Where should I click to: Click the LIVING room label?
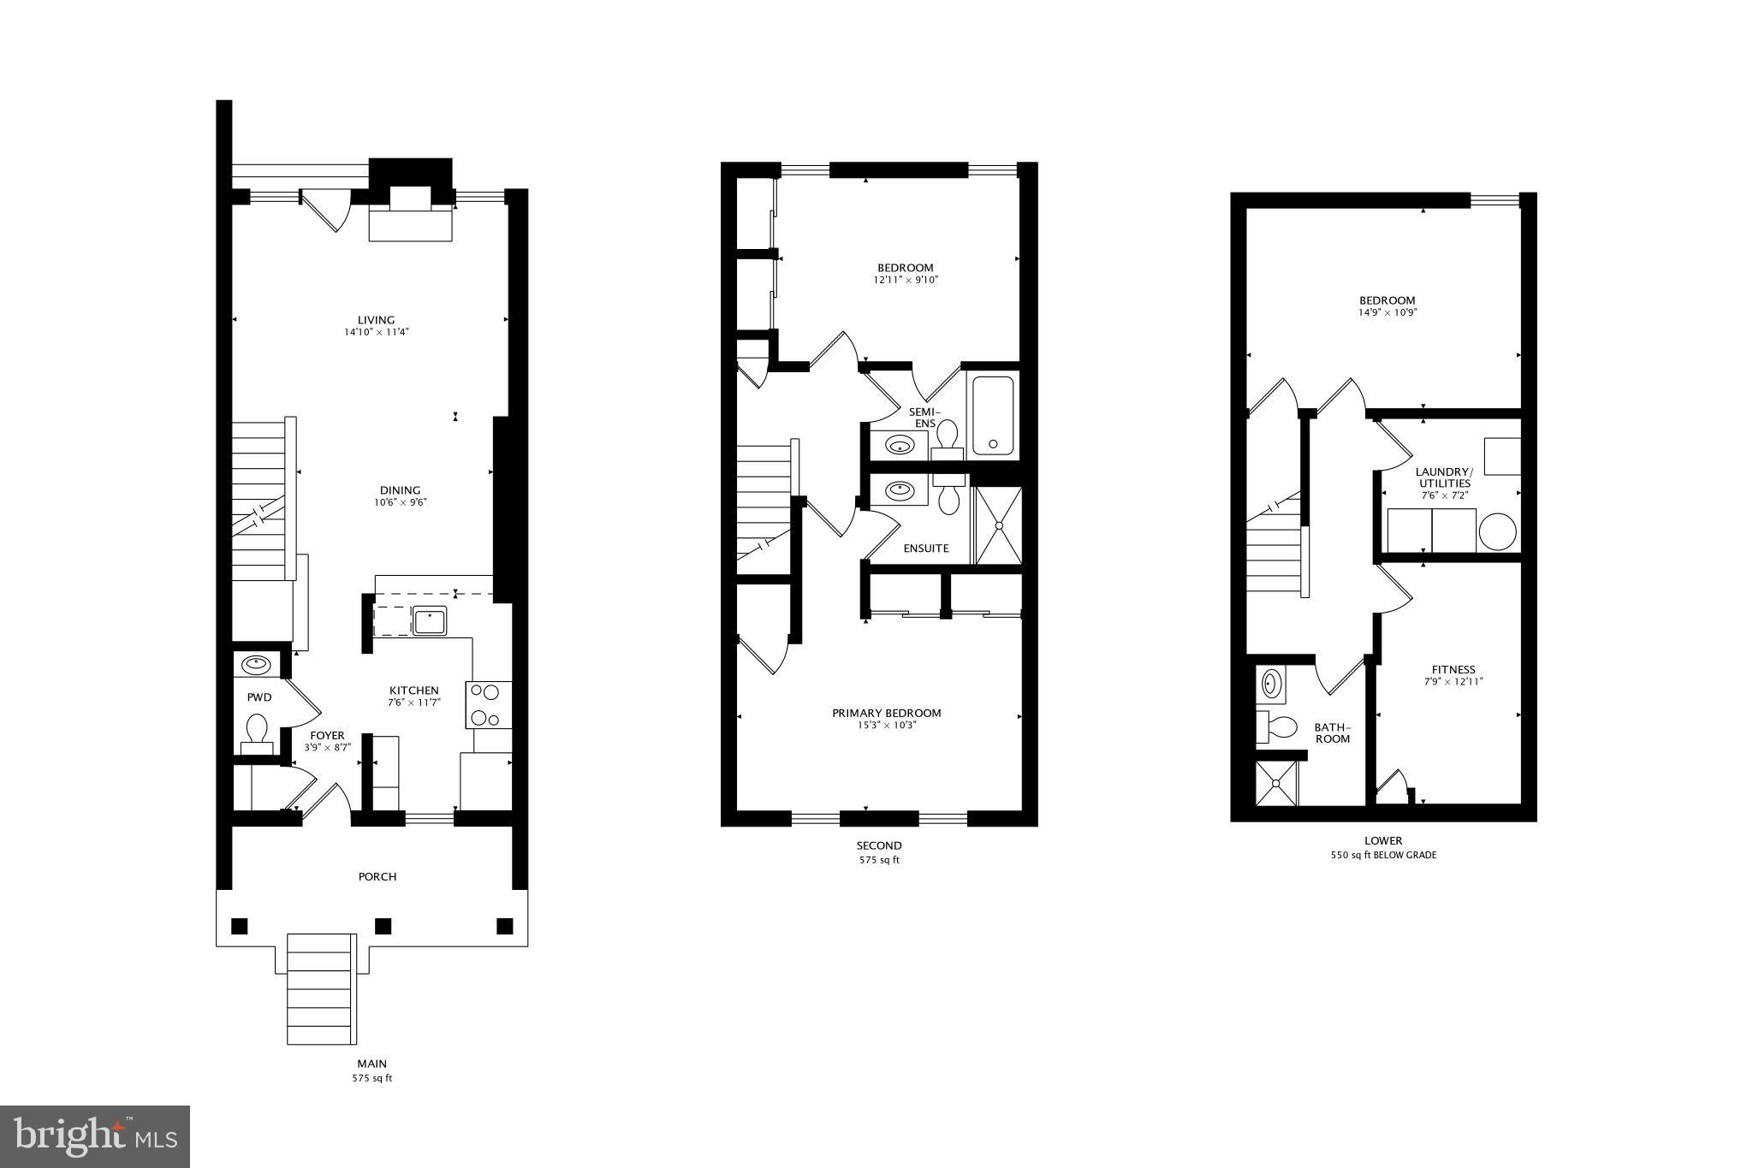click(376, 321)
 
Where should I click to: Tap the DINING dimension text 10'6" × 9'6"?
click(400, 503)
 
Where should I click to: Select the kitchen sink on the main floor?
click(429, 620)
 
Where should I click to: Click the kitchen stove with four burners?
click(489, 704)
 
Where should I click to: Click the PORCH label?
click(377, 877)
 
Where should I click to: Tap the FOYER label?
click(327, 736)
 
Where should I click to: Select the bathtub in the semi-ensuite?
click(993, 415)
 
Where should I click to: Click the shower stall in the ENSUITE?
click(998, 525)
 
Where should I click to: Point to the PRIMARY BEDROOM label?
click(886, 714)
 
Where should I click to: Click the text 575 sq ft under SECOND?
click(880, 860)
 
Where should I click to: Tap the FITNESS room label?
click(1453, 670)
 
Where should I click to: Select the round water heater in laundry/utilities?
click(1497, 531)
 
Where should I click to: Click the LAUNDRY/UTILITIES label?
click(1443, 477)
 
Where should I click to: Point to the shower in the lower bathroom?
click(1276, 783)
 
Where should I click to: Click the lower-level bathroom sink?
click(1271, 684)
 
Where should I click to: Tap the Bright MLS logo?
click(95, 1136)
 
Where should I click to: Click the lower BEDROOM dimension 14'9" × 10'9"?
click(1387, 313)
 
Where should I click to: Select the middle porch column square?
click(383, 926)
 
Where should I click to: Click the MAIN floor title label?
click(371, 1064)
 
